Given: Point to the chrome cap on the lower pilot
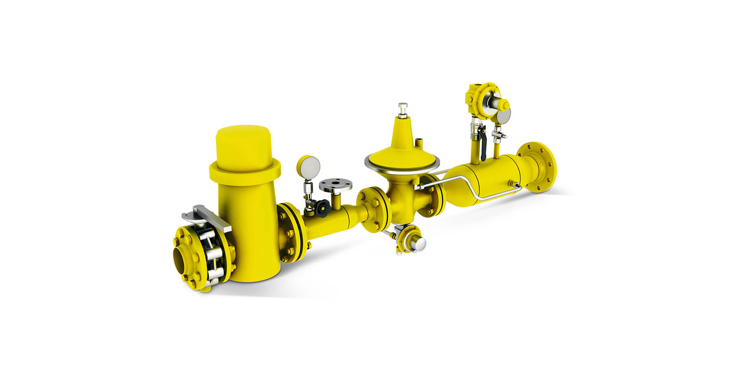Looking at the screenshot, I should point(419,243).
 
